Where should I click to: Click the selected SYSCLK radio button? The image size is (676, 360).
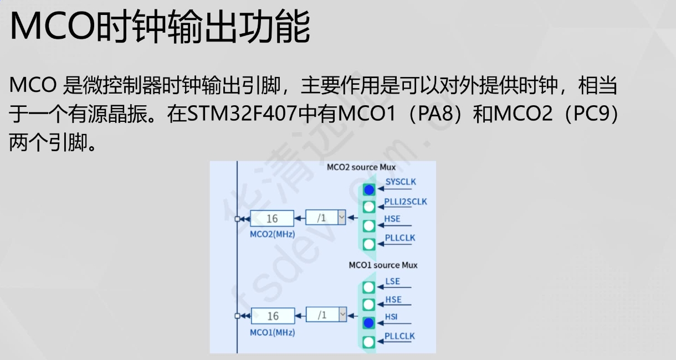(369, 189)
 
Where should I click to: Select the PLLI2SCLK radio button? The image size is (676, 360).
(369, 207)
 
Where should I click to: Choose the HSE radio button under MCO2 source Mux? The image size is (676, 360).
(369, 226)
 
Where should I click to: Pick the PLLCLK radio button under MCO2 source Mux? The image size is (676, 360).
(369, 244)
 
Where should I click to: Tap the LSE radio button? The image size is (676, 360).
(369, 287)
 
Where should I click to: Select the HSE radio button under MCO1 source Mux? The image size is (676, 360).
(369, 305)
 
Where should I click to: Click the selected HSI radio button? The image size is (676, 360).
(369, 323)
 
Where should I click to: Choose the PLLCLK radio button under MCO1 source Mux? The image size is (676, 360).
(369, 342)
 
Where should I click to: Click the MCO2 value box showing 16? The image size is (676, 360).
(272, 219)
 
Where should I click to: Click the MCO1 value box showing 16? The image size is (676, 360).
(273, 316)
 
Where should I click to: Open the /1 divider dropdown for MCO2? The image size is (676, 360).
(341, 218)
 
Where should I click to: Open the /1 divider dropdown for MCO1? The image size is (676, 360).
(342, 315)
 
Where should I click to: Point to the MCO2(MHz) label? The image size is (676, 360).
(272, 234)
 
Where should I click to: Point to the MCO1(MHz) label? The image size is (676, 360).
(272, 332)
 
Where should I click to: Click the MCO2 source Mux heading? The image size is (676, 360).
(360, 167)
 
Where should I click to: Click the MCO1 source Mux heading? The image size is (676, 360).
(383, 265)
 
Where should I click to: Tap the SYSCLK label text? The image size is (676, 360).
(401, 181)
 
